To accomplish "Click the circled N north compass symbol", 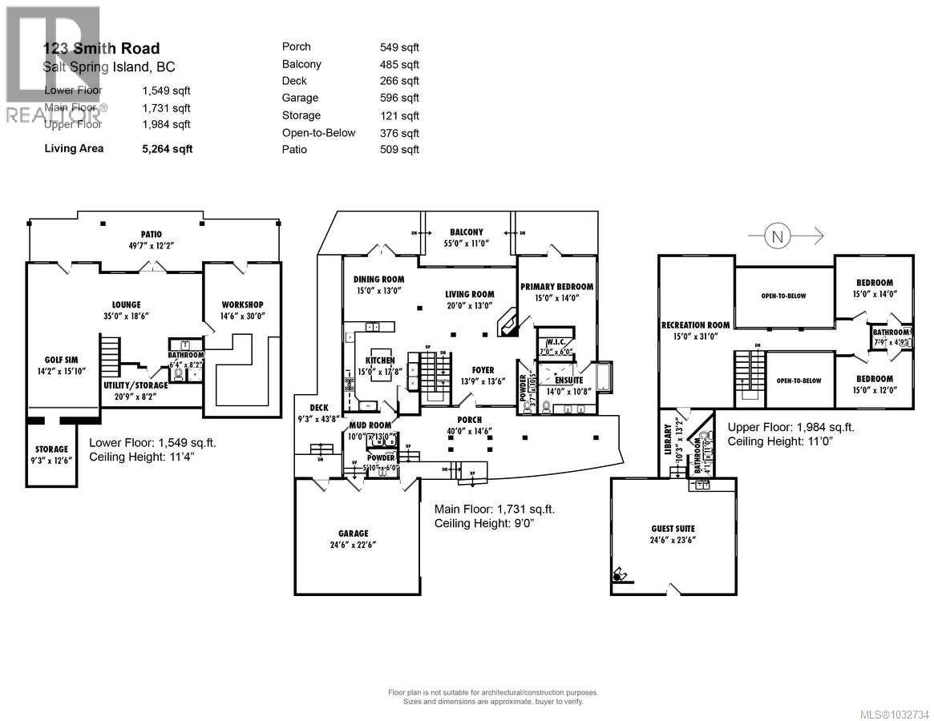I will coord(776,236).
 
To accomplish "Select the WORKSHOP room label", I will coord(242,304).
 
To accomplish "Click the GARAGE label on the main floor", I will coord(353,533).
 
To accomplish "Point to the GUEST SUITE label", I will coord(673,529).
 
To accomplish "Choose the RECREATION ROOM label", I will coord(695,324).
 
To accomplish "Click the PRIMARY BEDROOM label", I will coord(556,287).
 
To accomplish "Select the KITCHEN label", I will coord(379,361).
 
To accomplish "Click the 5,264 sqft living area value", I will coord(167,148).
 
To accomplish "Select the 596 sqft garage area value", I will coord(399,98).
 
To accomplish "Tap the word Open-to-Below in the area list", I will coord(318,133).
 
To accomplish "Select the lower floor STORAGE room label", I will coord(51,449).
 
